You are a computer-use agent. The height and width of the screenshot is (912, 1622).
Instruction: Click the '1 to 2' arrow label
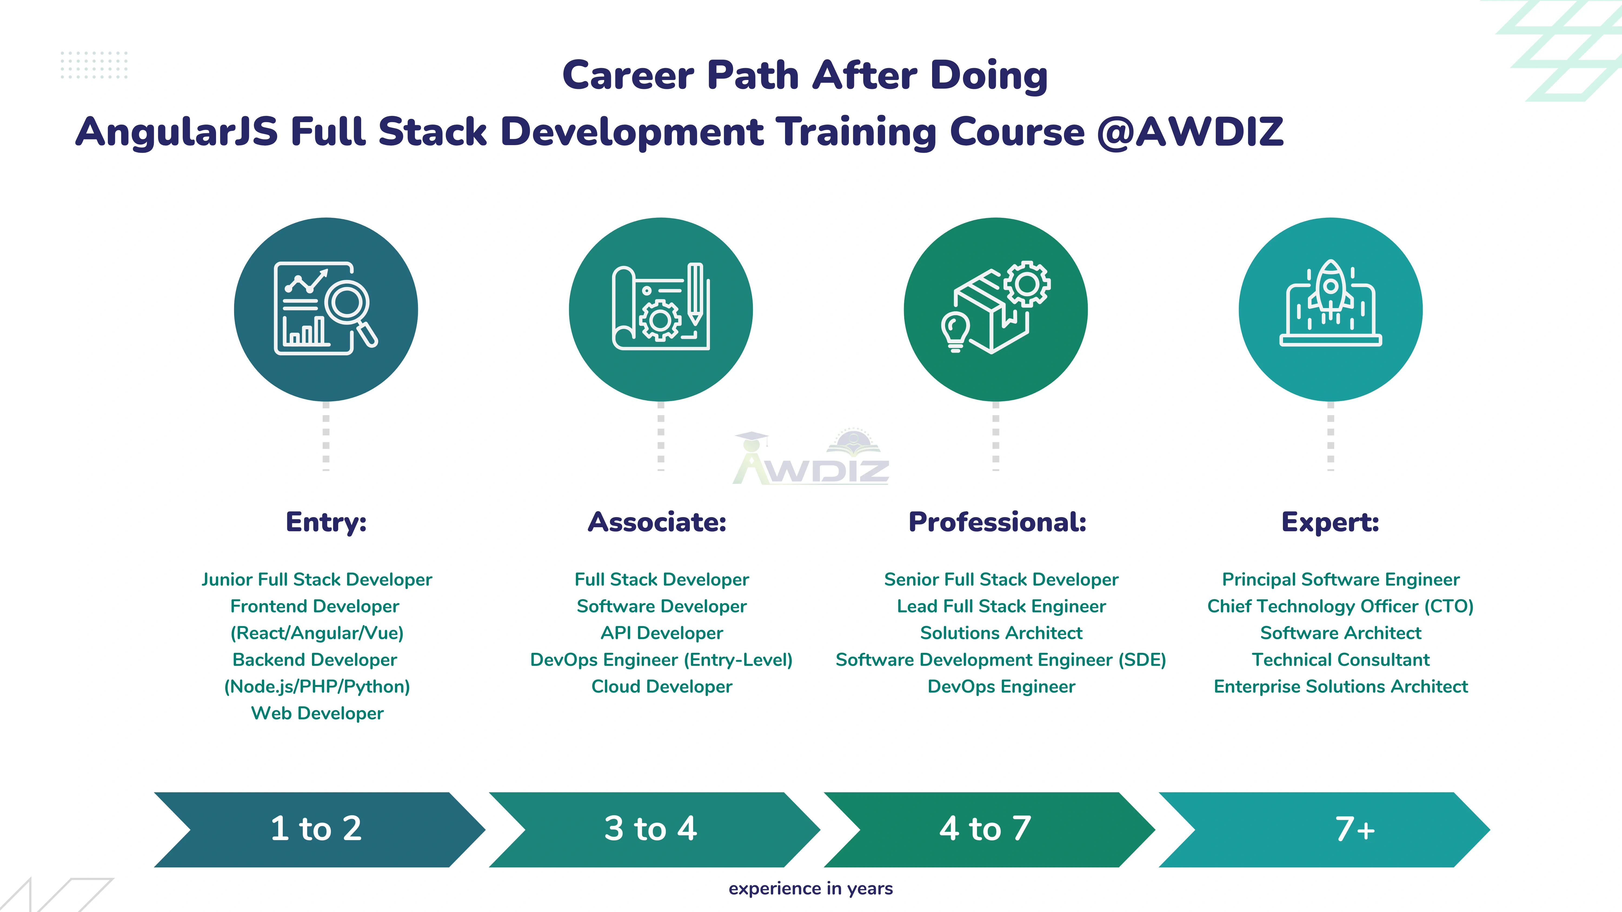316,828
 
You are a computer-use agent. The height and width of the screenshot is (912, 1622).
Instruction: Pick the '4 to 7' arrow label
985,828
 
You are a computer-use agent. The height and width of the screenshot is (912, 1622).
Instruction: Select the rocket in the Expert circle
1331,289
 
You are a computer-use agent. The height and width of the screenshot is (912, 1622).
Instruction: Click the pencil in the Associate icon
695,293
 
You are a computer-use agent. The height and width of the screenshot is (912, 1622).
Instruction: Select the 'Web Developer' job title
317,713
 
